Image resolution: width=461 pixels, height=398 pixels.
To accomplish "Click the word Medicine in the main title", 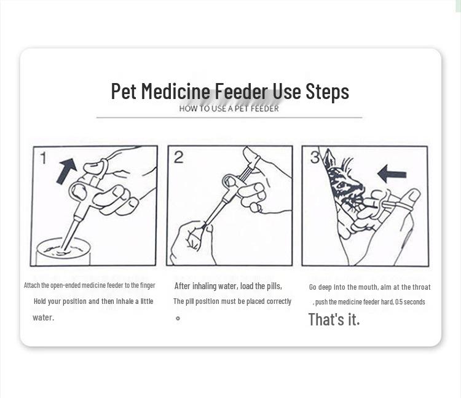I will (175, 92).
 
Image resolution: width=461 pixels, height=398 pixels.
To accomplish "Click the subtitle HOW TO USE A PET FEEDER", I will (229, 109).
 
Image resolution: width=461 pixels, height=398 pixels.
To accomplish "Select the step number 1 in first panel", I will (44, 158).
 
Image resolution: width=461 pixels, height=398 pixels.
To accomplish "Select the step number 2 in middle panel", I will (178, 157).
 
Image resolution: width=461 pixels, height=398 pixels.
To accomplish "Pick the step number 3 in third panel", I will (315, 158).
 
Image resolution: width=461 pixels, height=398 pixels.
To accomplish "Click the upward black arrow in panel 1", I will (66, 170).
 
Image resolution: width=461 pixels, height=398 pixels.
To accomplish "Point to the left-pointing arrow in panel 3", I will (392, 174).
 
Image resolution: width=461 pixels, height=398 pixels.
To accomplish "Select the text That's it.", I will (334, 319).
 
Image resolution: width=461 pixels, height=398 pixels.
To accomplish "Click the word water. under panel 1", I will (43, 317).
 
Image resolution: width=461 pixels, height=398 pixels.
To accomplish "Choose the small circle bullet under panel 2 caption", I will (178, 318).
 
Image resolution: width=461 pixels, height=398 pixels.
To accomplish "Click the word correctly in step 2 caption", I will (279, 301).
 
